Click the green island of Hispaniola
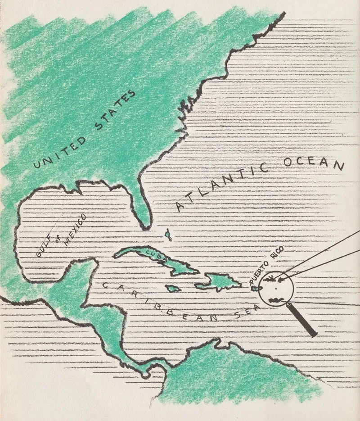click(x=223, y=281)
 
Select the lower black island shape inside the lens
click(x=276, y=299)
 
